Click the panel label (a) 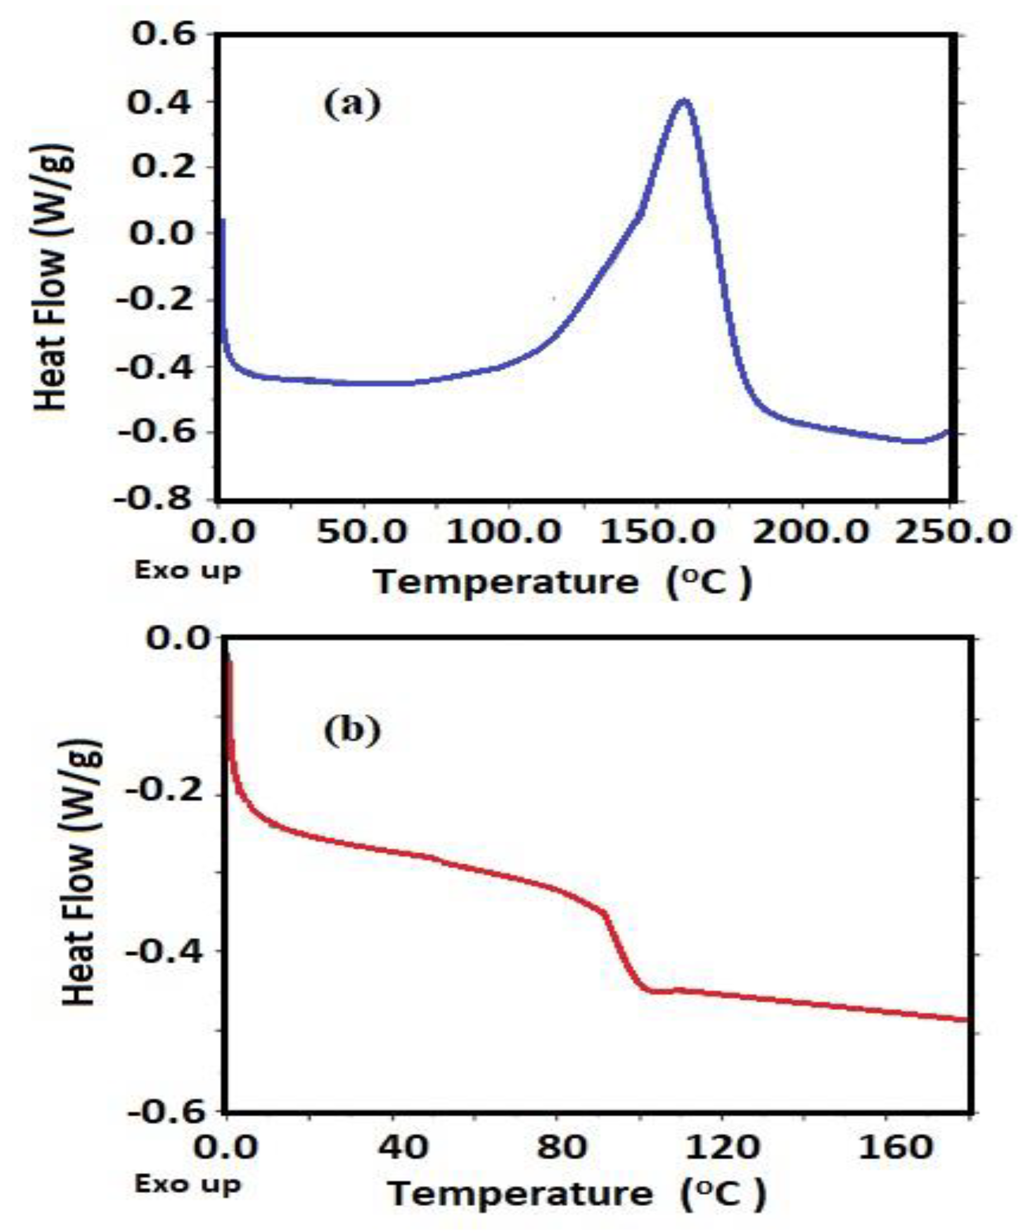point(353,106)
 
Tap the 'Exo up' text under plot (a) point(188,571)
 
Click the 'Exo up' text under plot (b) point(188,1184)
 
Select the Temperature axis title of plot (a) point(564,583)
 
